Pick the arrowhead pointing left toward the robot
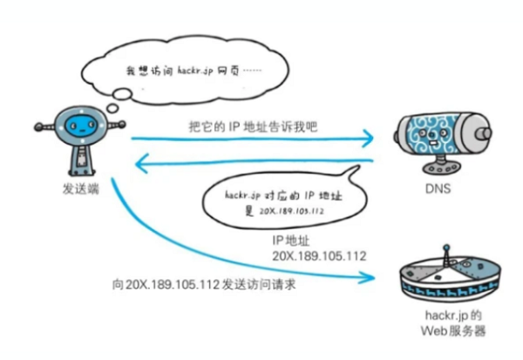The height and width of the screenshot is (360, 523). [x=139, y=162]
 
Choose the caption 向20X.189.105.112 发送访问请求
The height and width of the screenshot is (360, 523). [x=196, y=285]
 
